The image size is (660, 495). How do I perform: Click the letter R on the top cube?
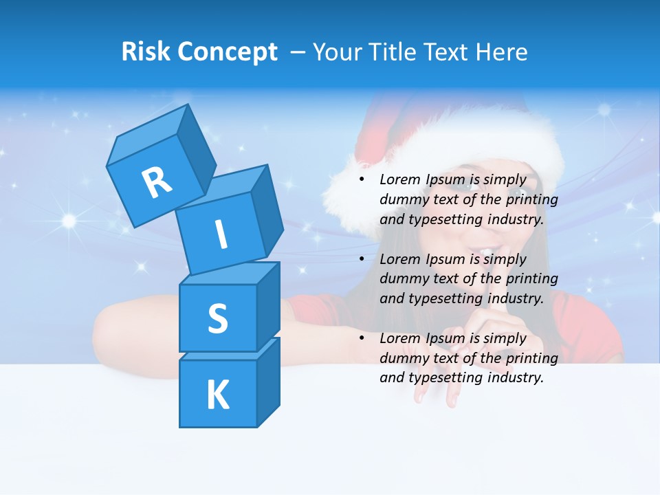157,183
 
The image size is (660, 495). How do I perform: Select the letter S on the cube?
217,318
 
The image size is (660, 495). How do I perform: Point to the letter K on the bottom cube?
217,395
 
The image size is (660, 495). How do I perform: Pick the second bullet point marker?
362,259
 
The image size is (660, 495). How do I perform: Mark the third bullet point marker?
362,338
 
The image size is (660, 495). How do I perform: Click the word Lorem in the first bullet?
399,180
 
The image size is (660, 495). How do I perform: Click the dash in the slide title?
299,52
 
